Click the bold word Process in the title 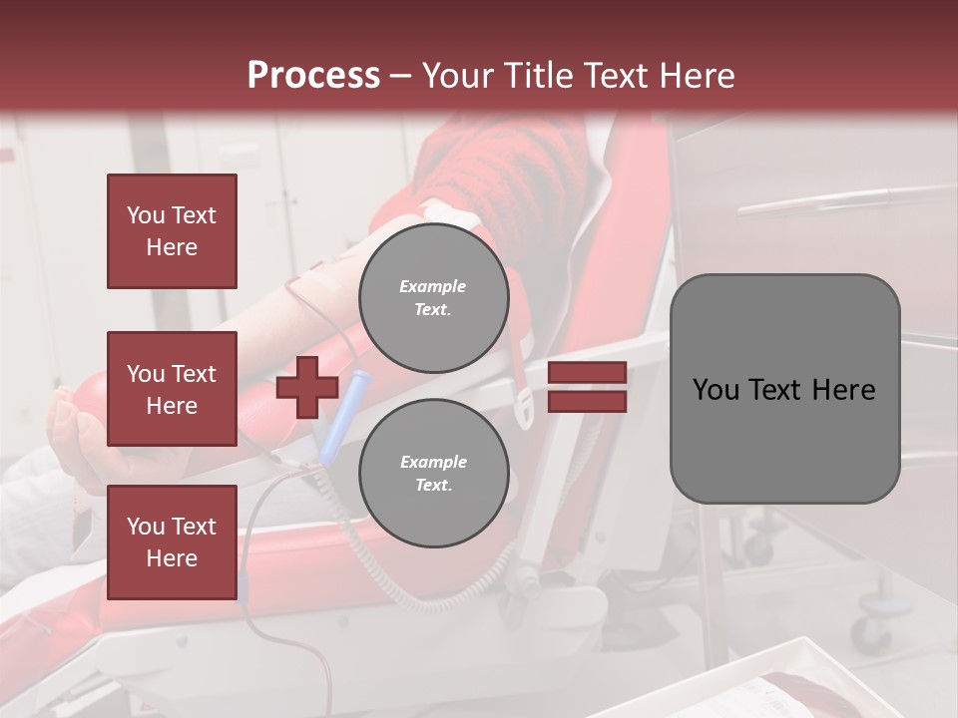[x=313, y=76]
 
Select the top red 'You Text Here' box [x=172, y=231]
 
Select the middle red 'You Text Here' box [x=172, y=389]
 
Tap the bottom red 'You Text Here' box [x=172, y=541]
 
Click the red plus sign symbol [x=307, y=387]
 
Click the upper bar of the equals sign [x=587, y=372]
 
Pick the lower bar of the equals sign [x=587, y=402]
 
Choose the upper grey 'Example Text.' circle [x=433, y=298]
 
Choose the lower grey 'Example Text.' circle [x=433, y=474]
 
